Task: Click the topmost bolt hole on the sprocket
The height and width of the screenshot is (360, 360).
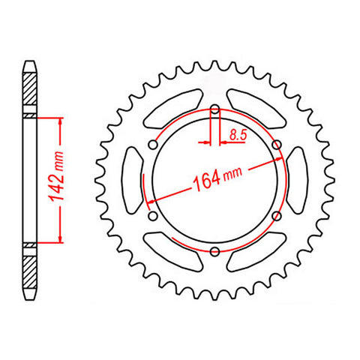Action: pyautogui.click(x=215, y=109)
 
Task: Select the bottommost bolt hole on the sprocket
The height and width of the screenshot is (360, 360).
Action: pyautogui.click(x=215, y=250)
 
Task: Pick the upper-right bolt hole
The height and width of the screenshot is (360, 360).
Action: pyautogui.click(x=276, y=145)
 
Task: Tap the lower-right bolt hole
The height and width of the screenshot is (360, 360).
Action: pyautogui.click(x=276, y=215)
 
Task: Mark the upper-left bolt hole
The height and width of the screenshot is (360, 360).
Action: pyautogui.click(x=154, y=145)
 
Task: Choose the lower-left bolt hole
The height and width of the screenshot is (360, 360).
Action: pyautogui.click(x=154, y=215)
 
